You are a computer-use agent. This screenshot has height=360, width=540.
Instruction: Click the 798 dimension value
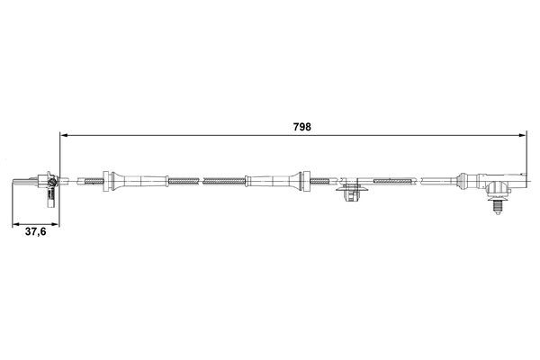pyautogui.click(x=302, y=127)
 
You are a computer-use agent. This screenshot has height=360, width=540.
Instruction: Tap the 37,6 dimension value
pyautogui.click(x=35, y=231)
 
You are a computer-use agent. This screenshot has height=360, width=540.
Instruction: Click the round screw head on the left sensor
pyautogui.click(x=53, y=184)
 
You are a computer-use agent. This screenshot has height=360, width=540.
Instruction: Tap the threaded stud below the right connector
pyautogui.click(x=497, y=207)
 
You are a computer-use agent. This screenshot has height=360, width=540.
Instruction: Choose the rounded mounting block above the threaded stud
pyautogui.click(x=496, y=189)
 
